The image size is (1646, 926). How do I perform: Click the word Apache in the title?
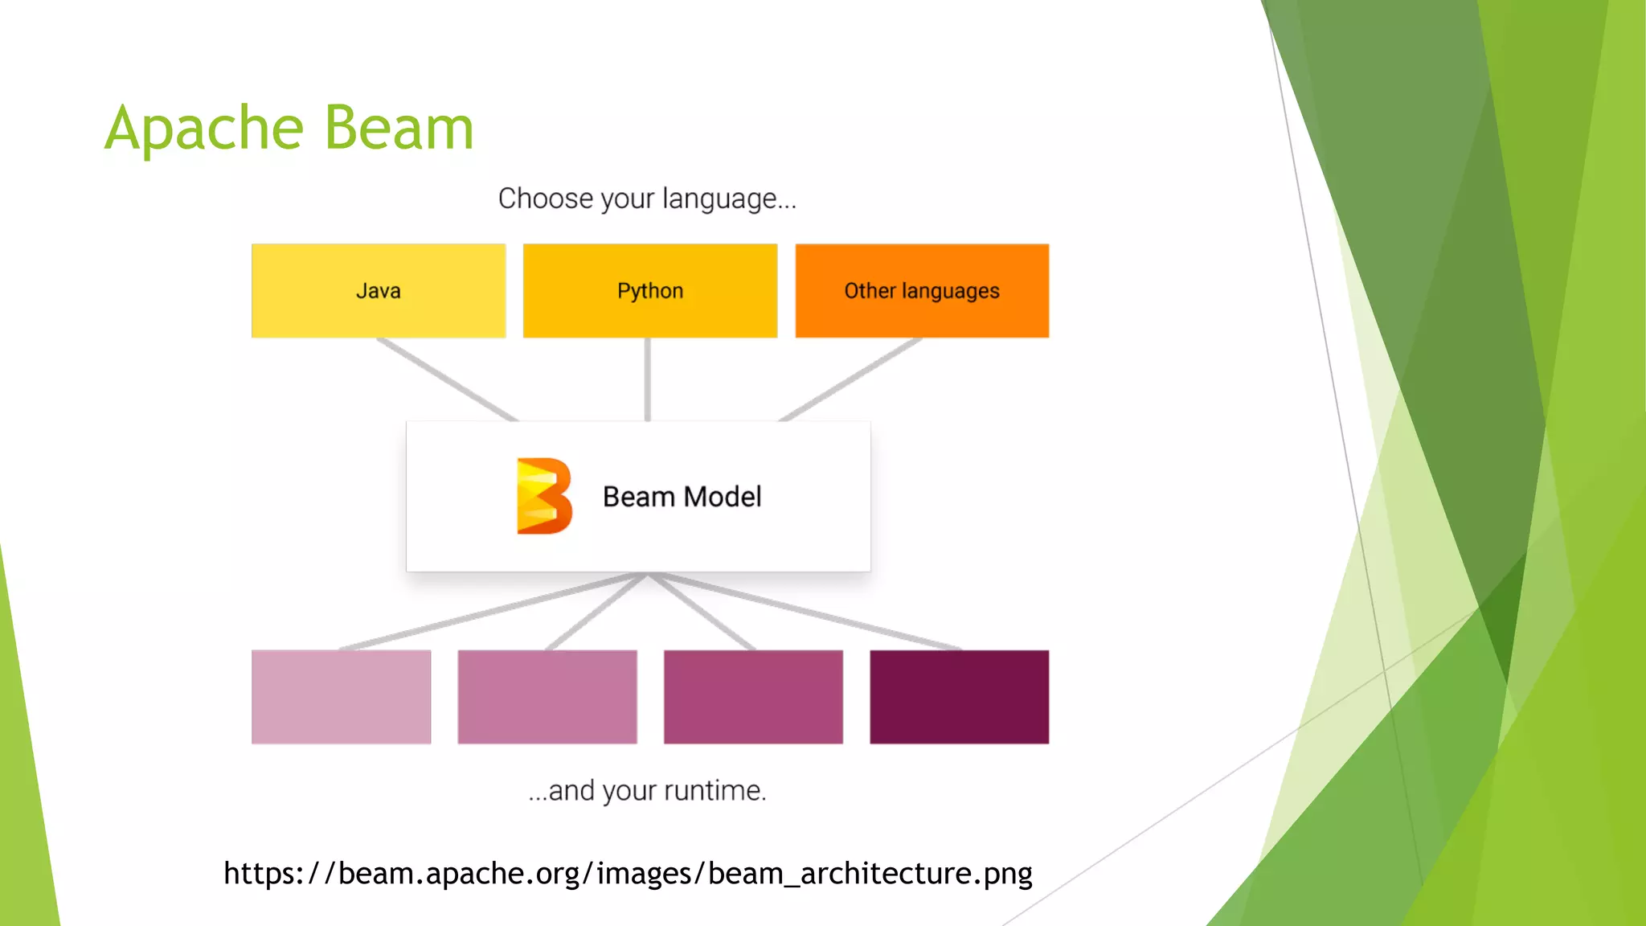point(204,129)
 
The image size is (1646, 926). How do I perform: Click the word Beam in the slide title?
point(399,129)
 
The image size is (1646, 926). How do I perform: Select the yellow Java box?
point(378,291)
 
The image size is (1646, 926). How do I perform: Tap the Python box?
point(649,291)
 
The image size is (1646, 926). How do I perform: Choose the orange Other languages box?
point(922,291)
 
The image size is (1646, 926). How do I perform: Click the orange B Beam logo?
point(544,496)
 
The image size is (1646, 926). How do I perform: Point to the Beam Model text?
point(682,497)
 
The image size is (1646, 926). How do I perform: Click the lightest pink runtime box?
point(341,697)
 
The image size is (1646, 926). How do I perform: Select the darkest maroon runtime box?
point(959,697)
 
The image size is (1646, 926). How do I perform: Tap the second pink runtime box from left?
point(547,697)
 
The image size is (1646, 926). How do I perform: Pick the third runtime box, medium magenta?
point(753,697)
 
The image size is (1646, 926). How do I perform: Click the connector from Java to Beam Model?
point(447,379)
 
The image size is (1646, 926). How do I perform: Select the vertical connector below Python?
point(648,379)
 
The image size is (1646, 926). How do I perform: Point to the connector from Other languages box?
point(850,379)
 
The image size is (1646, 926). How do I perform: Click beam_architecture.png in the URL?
point(870,874)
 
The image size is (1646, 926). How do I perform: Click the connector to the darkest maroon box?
point(804,611)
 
